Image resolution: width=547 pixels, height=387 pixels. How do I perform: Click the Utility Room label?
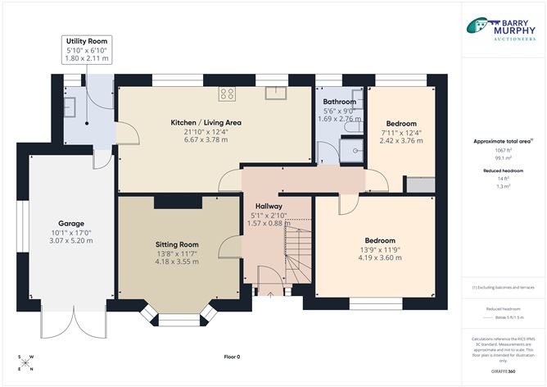click(87, 41)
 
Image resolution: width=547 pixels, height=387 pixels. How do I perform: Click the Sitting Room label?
click(177, 244)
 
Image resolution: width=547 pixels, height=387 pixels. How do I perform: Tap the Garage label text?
click(71, 224)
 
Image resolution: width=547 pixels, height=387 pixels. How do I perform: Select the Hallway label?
click(268, 206)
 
